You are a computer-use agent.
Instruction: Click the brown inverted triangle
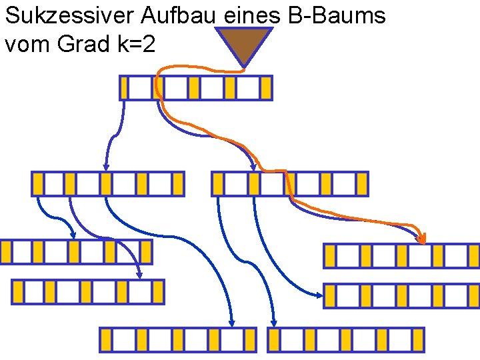coord(243,45)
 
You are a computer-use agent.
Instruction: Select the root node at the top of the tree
coord(196,88)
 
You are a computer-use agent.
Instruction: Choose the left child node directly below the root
coord(108,183)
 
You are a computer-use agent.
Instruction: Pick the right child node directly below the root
coord(290,183)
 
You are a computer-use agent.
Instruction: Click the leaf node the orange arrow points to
coord(401,255)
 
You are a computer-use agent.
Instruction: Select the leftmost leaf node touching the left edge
coord(76,251)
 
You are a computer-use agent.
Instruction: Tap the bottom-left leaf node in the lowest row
coord(178,339)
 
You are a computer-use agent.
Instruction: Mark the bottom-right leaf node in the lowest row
coord(346,339)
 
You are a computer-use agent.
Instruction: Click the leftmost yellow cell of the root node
coord(124,88)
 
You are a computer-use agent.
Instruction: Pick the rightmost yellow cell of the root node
coord(266,88)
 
